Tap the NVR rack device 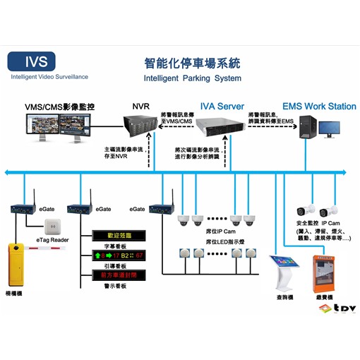[x=139, y=131]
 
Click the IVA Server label [x=222, y=107]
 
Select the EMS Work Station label [x=319, y=107]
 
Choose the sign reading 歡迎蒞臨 [x=119, y=235]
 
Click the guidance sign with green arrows [x=119, y=255]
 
